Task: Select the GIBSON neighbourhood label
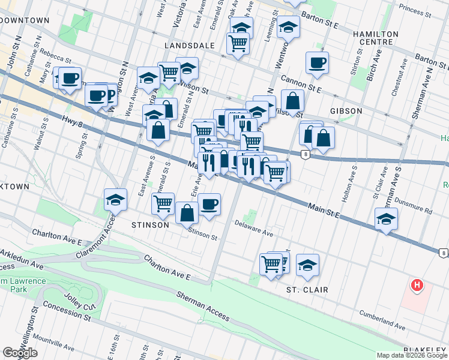(x=346, y=111)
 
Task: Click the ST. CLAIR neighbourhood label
(x=307, y=290)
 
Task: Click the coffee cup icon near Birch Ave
(x=317, y=62)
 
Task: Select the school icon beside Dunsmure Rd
(x=386, y=220)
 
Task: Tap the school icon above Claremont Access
(x=115, y=200)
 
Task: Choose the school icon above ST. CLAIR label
(x=307, y=265)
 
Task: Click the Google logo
(x=20, y=353)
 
